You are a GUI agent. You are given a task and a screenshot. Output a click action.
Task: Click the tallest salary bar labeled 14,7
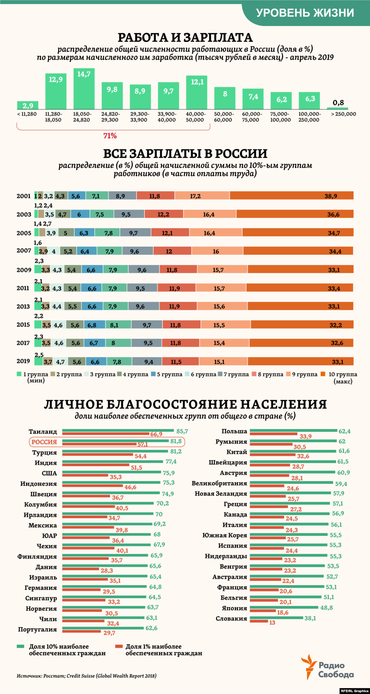(84, 89)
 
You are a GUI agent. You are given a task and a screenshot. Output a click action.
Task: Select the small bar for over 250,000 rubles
(337, 108)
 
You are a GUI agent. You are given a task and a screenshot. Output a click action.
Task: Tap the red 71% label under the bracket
(110, 136)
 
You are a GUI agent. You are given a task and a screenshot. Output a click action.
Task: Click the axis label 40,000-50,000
(195, 117)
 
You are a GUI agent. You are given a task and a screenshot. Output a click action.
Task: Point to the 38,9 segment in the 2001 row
(292, 196)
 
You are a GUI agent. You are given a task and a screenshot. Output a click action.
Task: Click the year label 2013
(23, 307)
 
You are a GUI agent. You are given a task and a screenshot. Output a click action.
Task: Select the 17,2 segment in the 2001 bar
(202, 196)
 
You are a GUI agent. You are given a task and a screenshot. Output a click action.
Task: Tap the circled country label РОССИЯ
(44, 442)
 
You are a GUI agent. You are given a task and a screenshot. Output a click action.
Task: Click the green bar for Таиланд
(119, 431)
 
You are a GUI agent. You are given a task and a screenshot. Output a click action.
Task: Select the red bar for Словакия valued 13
(259, 621)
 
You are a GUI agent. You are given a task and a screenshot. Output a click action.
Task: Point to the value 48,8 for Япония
(326, 608)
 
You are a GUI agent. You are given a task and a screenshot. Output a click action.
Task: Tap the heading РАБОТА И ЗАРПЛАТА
(185, 38)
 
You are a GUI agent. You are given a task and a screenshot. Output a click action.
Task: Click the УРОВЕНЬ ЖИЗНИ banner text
(305, 13)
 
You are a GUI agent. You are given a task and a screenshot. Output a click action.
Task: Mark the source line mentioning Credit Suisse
(87, 676)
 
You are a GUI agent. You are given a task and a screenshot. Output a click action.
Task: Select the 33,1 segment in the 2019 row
(301, 361)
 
